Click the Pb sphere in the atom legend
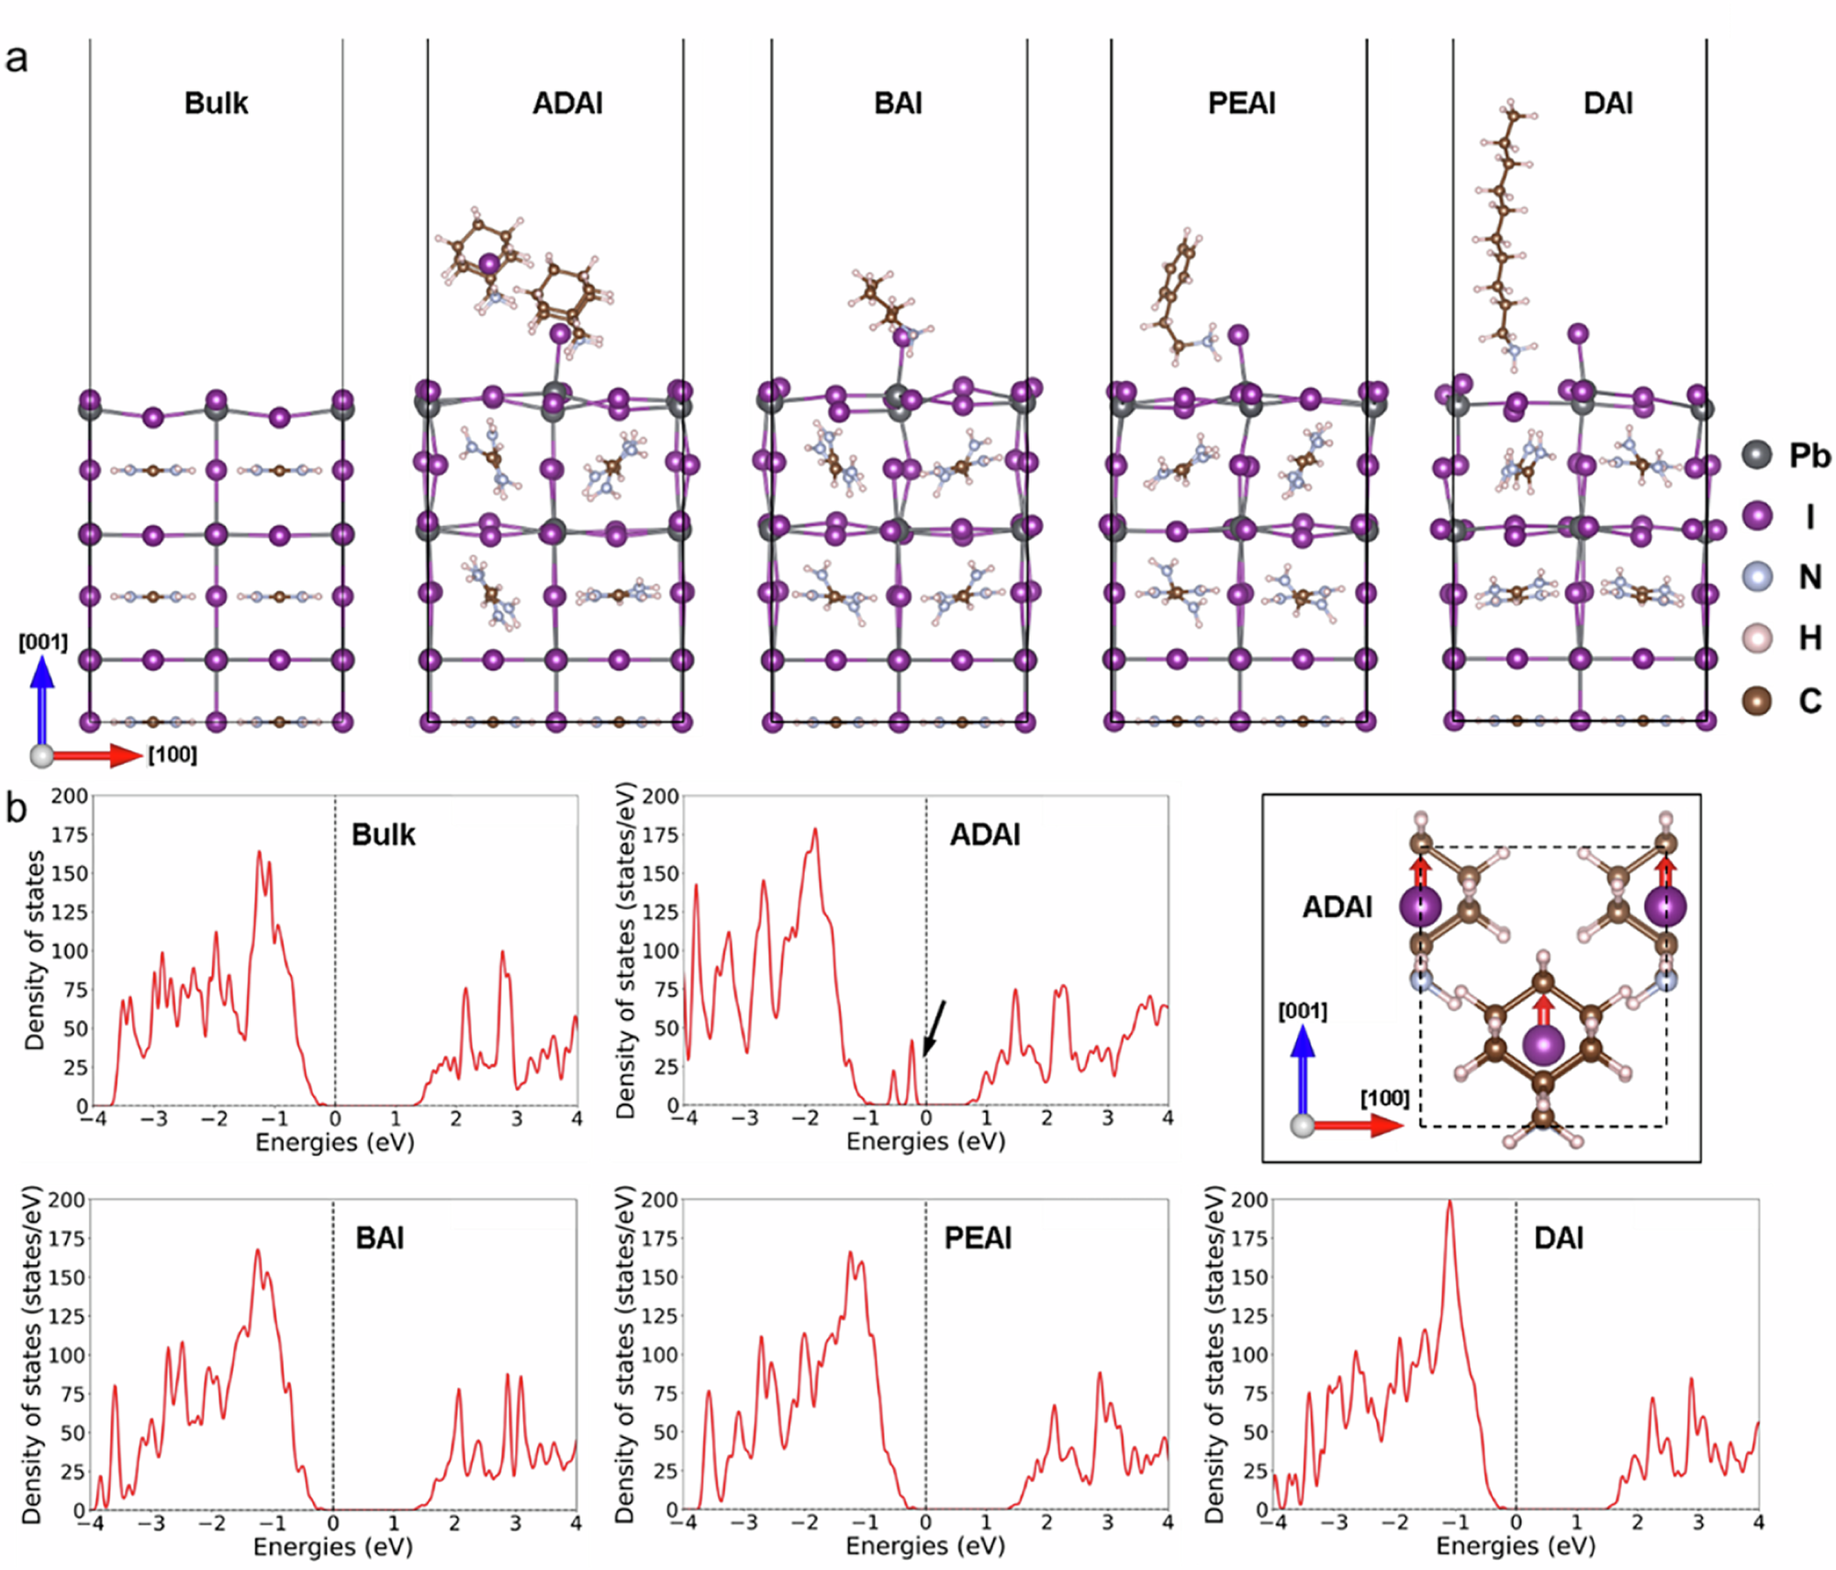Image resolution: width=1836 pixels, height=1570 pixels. point(1756,454)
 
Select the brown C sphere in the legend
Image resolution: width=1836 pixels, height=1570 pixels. point(1756,701)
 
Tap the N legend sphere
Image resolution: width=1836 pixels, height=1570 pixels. point(1756,577)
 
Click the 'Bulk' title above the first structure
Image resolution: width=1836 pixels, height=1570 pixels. point(216,103)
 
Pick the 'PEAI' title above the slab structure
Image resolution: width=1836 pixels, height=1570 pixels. point(1241,103)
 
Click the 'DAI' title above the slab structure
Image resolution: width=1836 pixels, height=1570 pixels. point(1607,103)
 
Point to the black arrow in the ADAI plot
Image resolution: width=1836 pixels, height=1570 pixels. point(934,1028)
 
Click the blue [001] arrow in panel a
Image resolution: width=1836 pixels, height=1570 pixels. point(42,698)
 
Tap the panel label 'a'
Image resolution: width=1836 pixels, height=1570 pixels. point(16,59)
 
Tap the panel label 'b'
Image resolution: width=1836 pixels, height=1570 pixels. point(16,808)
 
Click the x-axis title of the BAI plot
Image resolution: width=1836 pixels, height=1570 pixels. point(333,1546)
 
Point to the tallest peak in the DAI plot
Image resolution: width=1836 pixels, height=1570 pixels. point(1450,1202)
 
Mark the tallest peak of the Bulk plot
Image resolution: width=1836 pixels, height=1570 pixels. point(259,853)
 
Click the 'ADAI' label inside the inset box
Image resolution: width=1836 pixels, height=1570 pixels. point(1337,907)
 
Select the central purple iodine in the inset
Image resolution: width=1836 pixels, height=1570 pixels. point(1543,1045)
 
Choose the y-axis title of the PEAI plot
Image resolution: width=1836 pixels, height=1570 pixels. point(625,1354)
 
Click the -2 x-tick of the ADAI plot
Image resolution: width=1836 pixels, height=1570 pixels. point(805,1118)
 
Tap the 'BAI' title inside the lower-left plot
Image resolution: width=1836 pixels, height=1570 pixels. point(379,1238)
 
